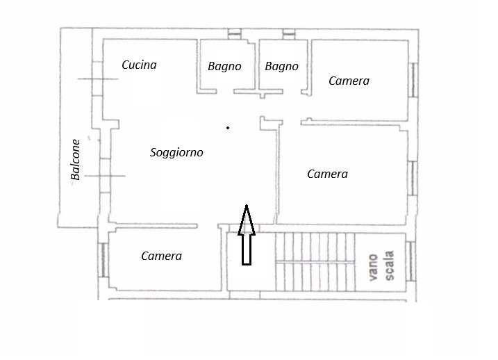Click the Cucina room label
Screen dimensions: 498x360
tap(139, 65)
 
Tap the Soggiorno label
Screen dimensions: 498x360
tap(176, 152)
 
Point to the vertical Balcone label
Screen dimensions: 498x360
tap(76, 160)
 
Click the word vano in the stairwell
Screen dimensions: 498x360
tap(373, 267)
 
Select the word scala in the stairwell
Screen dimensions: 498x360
tap(389, 265)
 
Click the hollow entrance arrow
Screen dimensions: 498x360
tap(247, 235)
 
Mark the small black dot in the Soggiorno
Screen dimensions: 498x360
tap(228, 128)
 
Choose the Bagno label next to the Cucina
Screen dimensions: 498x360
tap(224, 67)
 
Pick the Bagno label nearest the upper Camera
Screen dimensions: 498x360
tap(282, 67)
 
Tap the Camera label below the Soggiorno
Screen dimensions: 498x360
tap(161, 256)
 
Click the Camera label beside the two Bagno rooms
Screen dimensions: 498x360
tap(349, 81)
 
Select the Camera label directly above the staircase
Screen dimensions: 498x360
tap(327, 174)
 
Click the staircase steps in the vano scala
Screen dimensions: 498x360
tap(315, 262)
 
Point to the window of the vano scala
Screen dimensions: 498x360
tap(411, 261)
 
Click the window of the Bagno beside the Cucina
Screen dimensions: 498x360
tap(235, 34)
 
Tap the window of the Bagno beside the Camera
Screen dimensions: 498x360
tap(289, 34)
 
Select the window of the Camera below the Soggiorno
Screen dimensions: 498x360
tap(103, 260)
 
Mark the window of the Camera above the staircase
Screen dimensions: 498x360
tap(413, 178)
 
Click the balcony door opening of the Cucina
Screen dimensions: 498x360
tap(97, 79)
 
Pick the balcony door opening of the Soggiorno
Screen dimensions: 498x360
tap(105, 176)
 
